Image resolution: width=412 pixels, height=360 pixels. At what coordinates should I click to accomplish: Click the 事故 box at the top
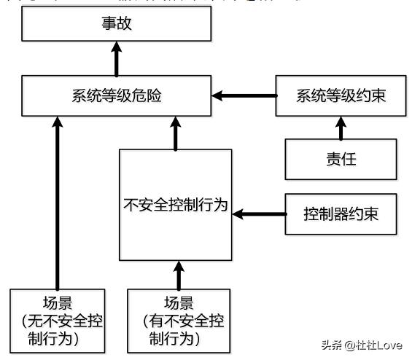(117, 25)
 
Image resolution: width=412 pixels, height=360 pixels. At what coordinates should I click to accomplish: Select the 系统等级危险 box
(117, 95)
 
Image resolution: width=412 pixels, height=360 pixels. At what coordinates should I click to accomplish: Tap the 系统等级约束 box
(340, 95)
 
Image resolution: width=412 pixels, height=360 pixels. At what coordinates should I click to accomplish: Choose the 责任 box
(340, 159)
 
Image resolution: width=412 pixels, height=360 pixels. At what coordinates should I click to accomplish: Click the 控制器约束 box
(340, 214)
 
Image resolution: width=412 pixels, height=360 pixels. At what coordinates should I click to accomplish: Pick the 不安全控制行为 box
(175, 206)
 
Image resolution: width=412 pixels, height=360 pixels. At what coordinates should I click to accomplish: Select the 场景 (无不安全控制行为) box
(56, 319)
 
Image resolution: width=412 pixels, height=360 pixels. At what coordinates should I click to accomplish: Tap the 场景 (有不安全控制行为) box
(175, 319)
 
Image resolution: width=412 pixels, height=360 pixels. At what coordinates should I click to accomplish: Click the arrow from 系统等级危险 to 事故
(117, 60)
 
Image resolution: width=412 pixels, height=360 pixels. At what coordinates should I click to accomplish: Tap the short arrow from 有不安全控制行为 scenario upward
(175, 274)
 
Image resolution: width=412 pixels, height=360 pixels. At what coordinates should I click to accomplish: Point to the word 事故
(117, 25)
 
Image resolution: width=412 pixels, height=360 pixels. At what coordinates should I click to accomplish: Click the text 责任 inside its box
(340, 159)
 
